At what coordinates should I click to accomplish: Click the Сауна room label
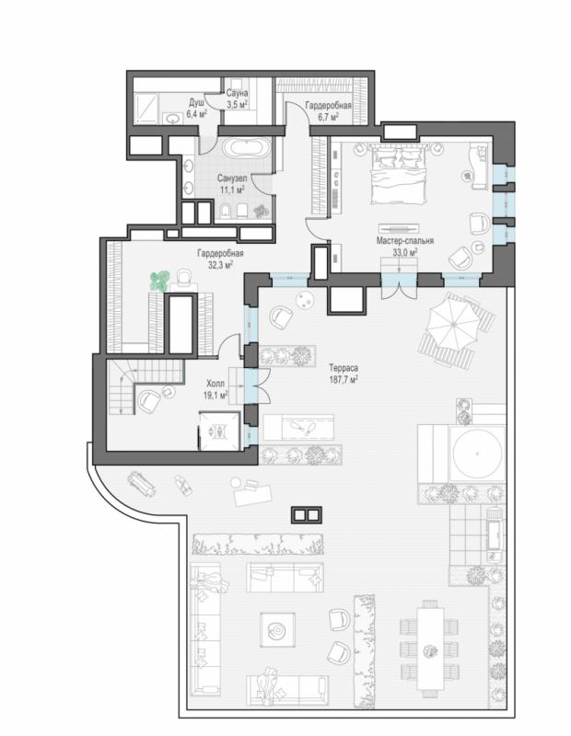[x=237, y=94]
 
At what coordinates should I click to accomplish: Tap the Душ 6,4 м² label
[x=198, y=108]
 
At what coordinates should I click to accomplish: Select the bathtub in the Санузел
[x=247, y=148]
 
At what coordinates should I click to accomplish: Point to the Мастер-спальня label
[x=404, y=241]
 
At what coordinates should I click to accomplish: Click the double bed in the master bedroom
[x=399, y=174]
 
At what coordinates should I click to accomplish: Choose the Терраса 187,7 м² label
[x=344, y=374]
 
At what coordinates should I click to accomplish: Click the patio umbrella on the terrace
[x=452, y=324]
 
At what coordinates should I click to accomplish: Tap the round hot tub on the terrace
[x=476, y=454]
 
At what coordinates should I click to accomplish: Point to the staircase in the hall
[x=146, y=385]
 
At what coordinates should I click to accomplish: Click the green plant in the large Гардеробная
[x=159, y=281]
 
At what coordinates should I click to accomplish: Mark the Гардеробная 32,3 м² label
[x=220, y=259]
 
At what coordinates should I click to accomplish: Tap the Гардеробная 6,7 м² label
[x=328, y=110]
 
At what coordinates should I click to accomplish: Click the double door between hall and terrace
[x=257, y=385]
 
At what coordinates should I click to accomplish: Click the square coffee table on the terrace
[x=278, y=629]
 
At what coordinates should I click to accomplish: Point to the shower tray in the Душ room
[x=146, y=108]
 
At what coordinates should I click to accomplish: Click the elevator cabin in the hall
[x=219, y=431]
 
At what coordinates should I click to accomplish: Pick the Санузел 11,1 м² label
[x=232, y=184]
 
